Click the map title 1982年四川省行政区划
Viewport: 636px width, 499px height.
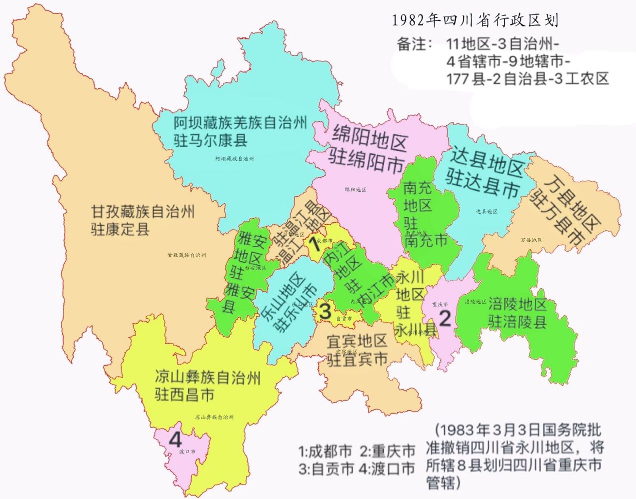pyautogui.click(x=474, y=20)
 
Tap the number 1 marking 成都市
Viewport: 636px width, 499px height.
pyautogui.click(x=315, y=244)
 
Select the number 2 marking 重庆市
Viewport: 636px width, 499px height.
pyautogui.click(x=444, y=318)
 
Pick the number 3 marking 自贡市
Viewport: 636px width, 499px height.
pyautogui.click(x=325, y=312)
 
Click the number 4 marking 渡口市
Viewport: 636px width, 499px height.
pyautogui.click(x=175, y=440)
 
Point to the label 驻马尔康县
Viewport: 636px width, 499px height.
pyautogui.click(x=210, y=140)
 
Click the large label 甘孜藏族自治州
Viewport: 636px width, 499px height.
pyautogui.click(x=142, y=212)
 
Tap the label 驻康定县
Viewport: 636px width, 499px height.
pyautogui.click(x=120, y=230)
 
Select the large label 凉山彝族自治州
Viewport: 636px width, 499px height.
pyautogui.click(x=207, y=377)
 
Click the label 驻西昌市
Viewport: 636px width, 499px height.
pyautogui.click(x=184, y=395)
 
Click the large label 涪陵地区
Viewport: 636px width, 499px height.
pyautogui.click(x=517, y=304)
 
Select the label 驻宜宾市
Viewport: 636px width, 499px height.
pyautogui.click(x=357, y=359)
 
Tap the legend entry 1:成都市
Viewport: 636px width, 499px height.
pyautogui.click(x=325, y=452)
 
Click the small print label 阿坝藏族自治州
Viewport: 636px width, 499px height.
pyautogui.click(x=234, y=159)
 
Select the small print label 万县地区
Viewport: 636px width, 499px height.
pyautogui.click(x=530, y=240)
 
